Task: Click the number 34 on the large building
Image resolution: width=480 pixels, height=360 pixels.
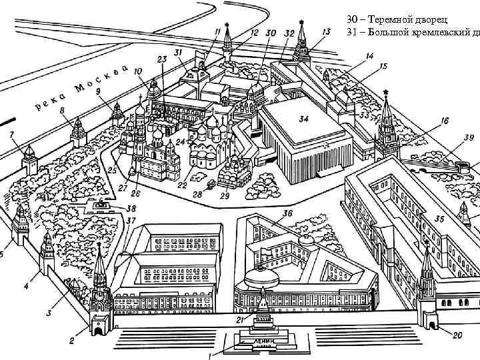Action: (303, 120)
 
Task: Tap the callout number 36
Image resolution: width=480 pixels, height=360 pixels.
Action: (287, 213)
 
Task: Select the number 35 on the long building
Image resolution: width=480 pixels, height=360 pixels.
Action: (439, 218)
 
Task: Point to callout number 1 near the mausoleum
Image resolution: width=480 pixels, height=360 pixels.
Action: (210, 355)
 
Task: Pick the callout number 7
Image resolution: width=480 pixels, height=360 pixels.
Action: (11, 135)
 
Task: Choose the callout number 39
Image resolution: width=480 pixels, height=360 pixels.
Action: (469, 137)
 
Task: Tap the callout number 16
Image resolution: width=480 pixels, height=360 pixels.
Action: (444, 121)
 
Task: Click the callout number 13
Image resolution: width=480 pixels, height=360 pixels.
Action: (326, 31)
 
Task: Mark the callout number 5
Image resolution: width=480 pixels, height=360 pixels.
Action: (2, 254)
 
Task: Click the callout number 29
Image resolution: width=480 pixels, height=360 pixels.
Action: (225, 195)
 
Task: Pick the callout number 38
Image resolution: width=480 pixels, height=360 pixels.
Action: (131, 208)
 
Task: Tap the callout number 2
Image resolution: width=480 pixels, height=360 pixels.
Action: (71, 341)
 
